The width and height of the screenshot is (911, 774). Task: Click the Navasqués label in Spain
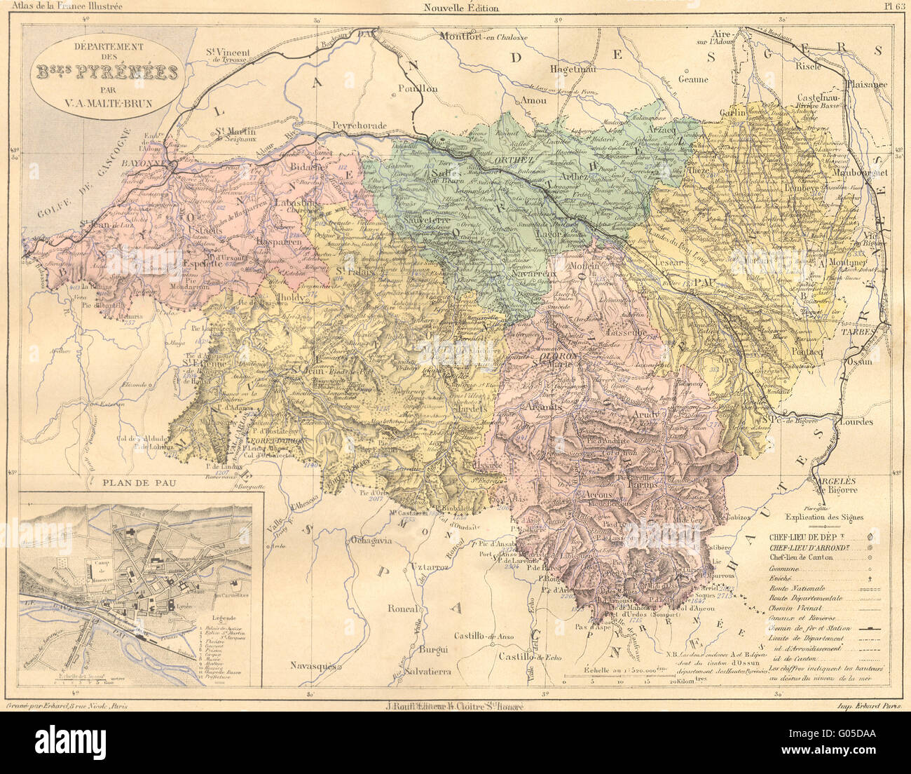click(x=315, y=664)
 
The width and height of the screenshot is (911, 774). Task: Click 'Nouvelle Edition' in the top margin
click(x=461, y=8)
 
